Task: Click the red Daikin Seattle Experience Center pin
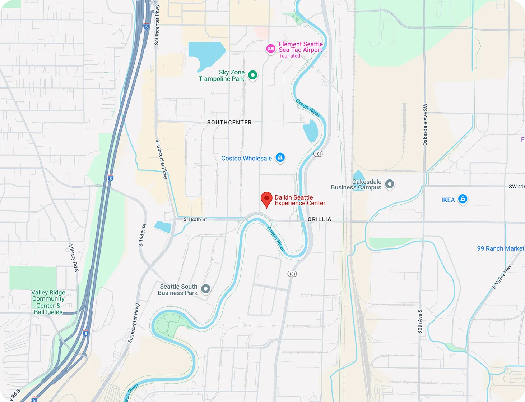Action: point(266,199)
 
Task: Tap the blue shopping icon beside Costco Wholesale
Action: point(280,157)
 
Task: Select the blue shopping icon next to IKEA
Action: point(463,199)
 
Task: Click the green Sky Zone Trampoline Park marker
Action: point(253,75)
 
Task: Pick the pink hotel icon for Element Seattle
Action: point(271,49)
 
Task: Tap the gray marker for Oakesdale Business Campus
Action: point(390,184)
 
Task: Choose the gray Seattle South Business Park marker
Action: point(205,288)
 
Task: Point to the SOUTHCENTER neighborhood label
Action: point(229,123)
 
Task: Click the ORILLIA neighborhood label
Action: point(319,219)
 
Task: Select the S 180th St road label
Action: point(195,219)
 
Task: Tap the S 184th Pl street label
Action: point(143,235)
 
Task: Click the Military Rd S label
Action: point(74,258)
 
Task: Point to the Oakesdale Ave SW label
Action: point(425,125)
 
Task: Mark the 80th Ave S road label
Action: point(420,321)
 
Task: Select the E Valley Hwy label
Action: point(502,277)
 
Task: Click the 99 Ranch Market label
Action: point(500,248)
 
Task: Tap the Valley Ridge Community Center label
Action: point(48,302)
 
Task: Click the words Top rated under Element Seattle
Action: point(289,56)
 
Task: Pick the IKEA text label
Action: point(448,200)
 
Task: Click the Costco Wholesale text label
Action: point(246,159)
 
